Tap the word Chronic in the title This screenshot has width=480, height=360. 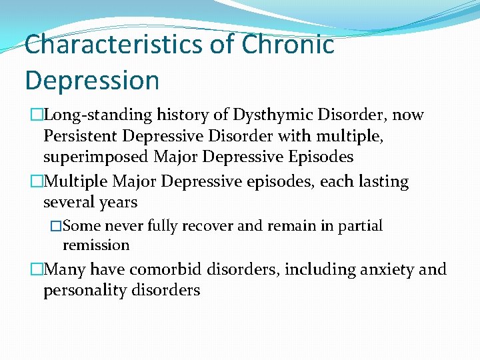pos(288,45)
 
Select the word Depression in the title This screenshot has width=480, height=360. pos(92,80)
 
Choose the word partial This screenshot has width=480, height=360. pos(360,226)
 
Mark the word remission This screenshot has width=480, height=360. pos(96,245)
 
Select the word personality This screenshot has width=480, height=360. pos(83,291)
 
